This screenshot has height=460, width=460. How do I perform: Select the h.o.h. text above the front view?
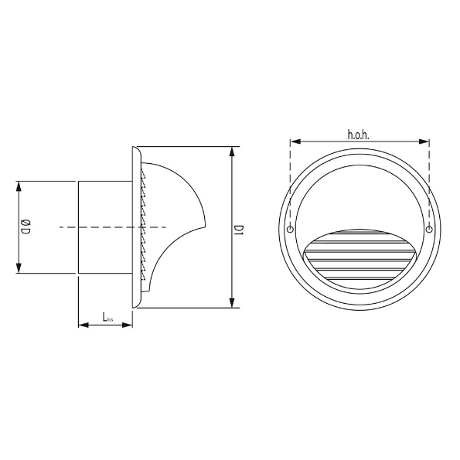[359, 134]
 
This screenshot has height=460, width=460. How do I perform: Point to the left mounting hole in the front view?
[290, 230]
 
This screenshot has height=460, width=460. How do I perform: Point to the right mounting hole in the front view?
[428, 230]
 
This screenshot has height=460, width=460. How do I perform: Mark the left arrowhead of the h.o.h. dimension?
[295, 141]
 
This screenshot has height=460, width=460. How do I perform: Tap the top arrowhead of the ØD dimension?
[19, 186]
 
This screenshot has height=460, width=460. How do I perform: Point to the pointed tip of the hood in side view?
[206, 226]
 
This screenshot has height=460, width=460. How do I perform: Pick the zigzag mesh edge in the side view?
[143, 224]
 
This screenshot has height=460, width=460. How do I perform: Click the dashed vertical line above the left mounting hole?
[290, 186]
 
